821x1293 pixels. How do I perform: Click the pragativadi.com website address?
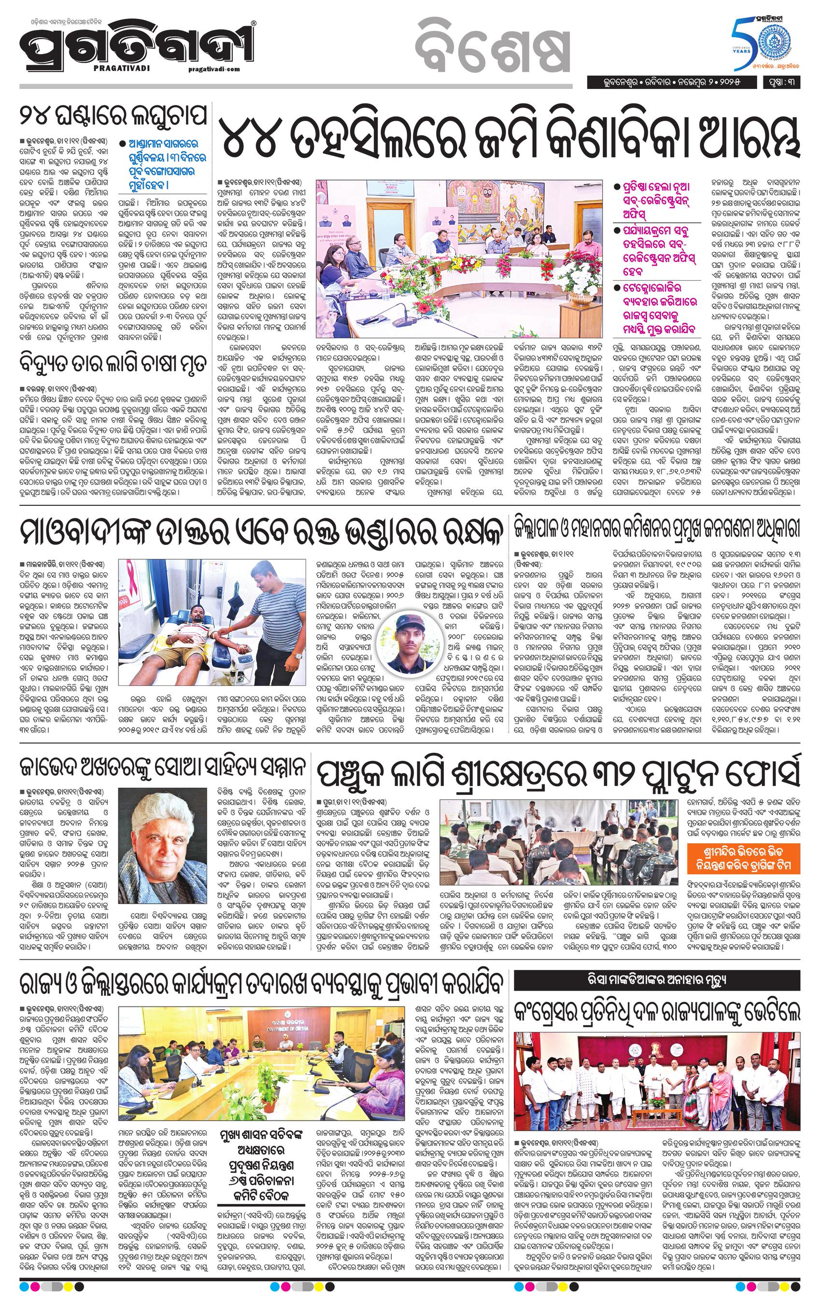tap(214, 69)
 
